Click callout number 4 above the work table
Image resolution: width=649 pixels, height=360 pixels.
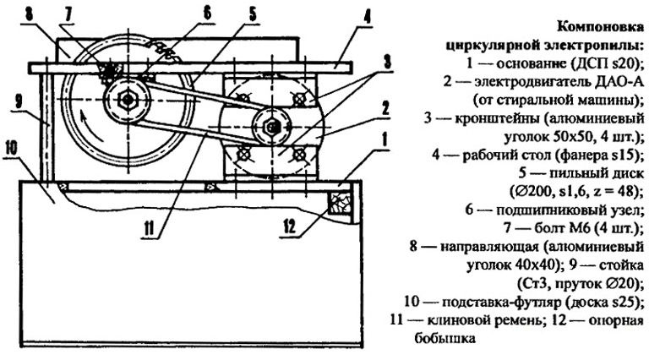[367, 18]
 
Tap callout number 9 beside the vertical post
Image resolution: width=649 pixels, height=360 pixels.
[19, 102]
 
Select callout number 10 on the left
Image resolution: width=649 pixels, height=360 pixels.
[11, 148]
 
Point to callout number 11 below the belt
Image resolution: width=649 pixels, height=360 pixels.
[149, 228]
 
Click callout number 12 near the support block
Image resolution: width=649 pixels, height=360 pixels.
[291, 226]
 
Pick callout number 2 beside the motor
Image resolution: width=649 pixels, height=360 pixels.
[385, 108]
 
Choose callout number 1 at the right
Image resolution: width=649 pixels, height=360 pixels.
[385, 140]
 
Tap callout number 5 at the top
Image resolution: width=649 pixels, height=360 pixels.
[252, 14]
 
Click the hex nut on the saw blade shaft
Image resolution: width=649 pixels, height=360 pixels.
[128, 100]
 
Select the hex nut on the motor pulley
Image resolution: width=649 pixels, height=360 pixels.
[271, 126]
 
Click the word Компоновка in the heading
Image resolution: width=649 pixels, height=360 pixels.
[600, 27]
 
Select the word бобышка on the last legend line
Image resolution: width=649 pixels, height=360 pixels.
[445, 338]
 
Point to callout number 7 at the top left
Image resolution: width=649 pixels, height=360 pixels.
[68, 15]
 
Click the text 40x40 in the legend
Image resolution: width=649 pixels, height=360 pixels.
[534, 265]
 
